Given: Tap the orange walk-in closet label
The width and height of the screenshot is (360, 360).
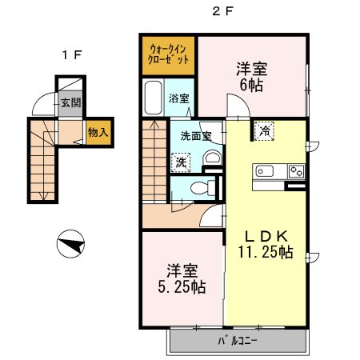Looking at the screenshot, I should click(x=169, y=54).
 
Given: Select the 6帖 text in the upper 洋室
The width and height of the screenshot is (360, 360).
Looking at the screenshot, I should click(x=250, y=84).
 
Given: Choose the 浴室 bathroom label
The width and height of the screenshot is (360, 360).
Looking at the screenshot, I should click(x=179, y=99).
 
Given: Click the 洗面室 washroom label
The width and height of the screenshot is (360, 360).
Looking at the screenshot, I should click(x=195, y=136).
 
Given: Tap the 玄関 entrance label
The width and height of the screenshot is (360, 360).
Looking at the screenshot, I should click(x=70, y=102).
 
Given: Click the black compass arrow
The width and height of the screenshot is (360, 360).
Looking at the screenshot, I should click(x=72, y=243).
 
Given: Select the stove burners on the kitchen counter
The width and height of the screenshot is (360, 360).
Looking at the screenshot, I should click(x=296, y=170).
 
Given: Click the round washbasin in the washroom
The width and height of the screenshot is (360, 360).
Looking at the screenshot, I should click(x=211, y=158).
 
